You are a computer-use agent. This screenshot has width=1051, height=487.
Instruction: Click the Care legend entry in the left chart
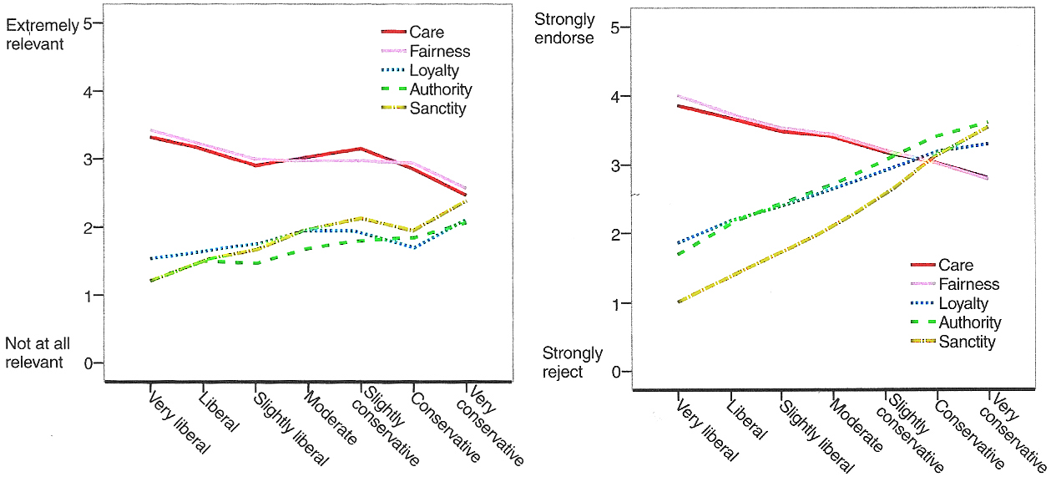(x=421, y=33)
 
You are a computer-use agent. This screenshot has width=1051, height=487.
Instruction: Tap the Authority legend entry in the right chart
(x=969, y=323)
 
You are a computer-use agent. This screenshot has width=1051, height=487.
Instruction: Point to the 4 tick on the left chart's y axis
(x=87, y=91)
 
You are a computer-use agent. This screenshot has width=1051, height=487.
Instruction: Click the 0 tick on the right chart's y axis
(x=617, y=372)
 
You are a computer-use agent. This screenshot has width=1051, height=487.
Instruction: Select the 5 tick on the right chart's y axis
(x=617, y=28)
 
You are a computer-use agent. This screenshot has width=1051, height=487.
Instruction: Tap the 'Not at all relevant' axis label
(x=34, y=353)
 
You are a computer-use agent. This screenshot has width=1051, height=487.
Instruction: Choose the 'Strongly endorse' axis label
(x=564, y=28)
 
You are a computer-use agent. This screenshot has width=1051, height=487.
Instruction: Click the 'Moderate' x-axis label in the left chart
(x=332, y=417)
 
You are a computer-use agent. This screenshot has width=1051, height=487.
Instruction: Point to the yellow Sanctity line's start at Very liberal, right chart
(x=679, y=302)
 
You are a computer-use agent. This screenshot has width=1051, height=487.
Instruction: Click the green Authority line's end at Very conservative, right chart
(x=989, y=122)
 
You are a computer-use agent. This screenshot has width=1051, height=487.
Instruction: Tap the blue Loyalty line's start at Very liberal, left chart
(x=150, y=258)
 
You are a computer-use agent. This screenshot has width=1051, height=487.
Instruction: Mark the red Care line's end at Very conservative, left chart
(x=465, y=195)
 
